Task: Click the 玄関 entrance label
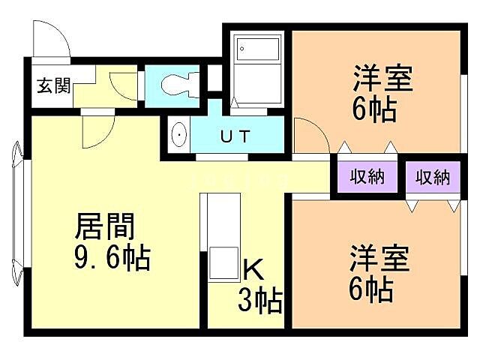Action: tap(52, 85)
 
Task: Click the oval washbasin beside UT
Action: tap(180, 136)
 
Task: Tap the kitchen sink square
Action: tap(223, 260)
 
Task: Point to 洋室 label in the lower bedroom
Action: tap(379, 258)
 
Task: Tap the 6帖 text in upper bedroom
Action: tap(373, 109)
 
